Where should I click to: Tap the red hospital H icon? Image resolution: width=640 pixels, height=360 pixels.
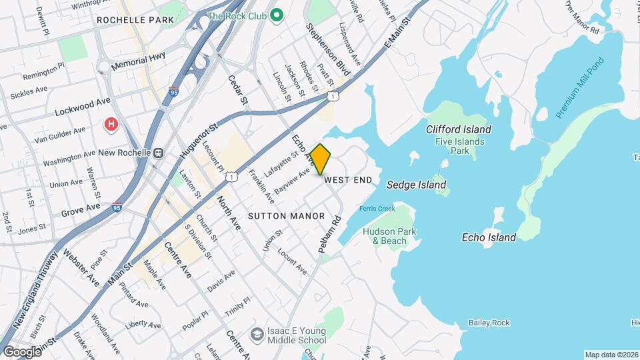coord(111,124)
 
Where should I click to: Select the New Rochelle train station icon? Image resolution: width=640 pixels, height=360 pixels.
coord(159,153)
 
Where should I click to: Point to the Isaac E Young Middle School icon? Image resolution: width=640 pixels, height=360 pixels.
coord(257,333)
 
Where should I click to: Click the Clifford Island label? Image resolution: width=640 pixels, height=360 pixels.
coord(459,129)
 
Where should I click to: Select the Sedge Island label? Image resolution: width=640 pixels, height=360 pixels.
coord(417,185)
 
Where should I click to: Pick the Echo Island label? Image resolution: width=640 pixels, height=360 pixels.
coord(489,237)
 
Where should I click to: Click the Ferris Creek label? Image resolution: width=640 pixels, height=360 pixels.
coord(377,209)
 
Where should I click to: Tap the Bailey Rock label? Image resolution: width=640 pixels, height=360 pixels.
coord(489,323)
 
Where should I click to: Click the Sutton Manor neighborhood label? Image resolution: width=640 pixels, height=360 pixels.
coord(286,216)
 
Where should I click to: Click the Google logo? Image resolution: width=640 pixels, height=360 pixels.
coord(21,351)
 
